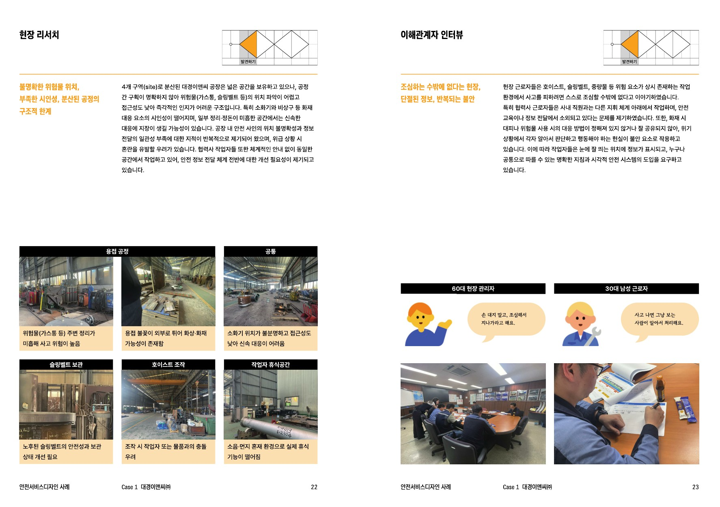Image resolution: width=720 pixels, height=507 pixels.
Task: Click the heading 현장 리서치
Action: point(39,35)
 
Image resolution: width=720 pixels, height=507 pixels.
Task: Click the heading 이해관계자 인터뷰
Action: point(431,35)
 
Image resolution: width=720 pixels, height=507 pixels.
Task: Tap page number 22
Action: point(314,487)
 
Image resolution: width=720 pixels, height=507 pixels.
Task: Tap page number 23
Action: point(695,487)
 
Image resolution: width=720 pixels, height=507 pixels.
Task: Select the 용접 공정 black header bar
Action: point(117,251)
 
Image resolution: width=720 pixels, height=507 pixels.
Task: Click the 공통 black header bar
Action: point(271,251)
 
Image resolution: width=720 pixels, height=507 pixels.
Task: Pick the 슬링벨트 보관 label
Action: point(66,364)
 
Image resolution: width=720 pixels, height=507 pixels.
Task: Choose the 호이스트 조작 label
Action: point(168,364)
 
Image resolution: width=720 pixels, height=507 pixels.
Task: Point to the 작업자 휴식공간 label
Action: point(271,364)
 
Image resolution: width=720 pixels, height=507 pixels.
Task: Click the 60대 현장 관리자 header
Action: point(473,288)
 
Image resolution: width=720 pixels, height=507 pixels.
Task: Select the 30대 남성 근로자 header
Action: point(626,288)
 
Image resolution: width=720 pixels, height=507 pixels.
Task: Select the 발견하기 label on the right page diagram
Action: point(629,62)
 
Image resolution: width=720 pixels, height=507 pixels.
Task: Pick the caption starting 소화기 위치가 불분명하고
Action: point(269,338)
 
